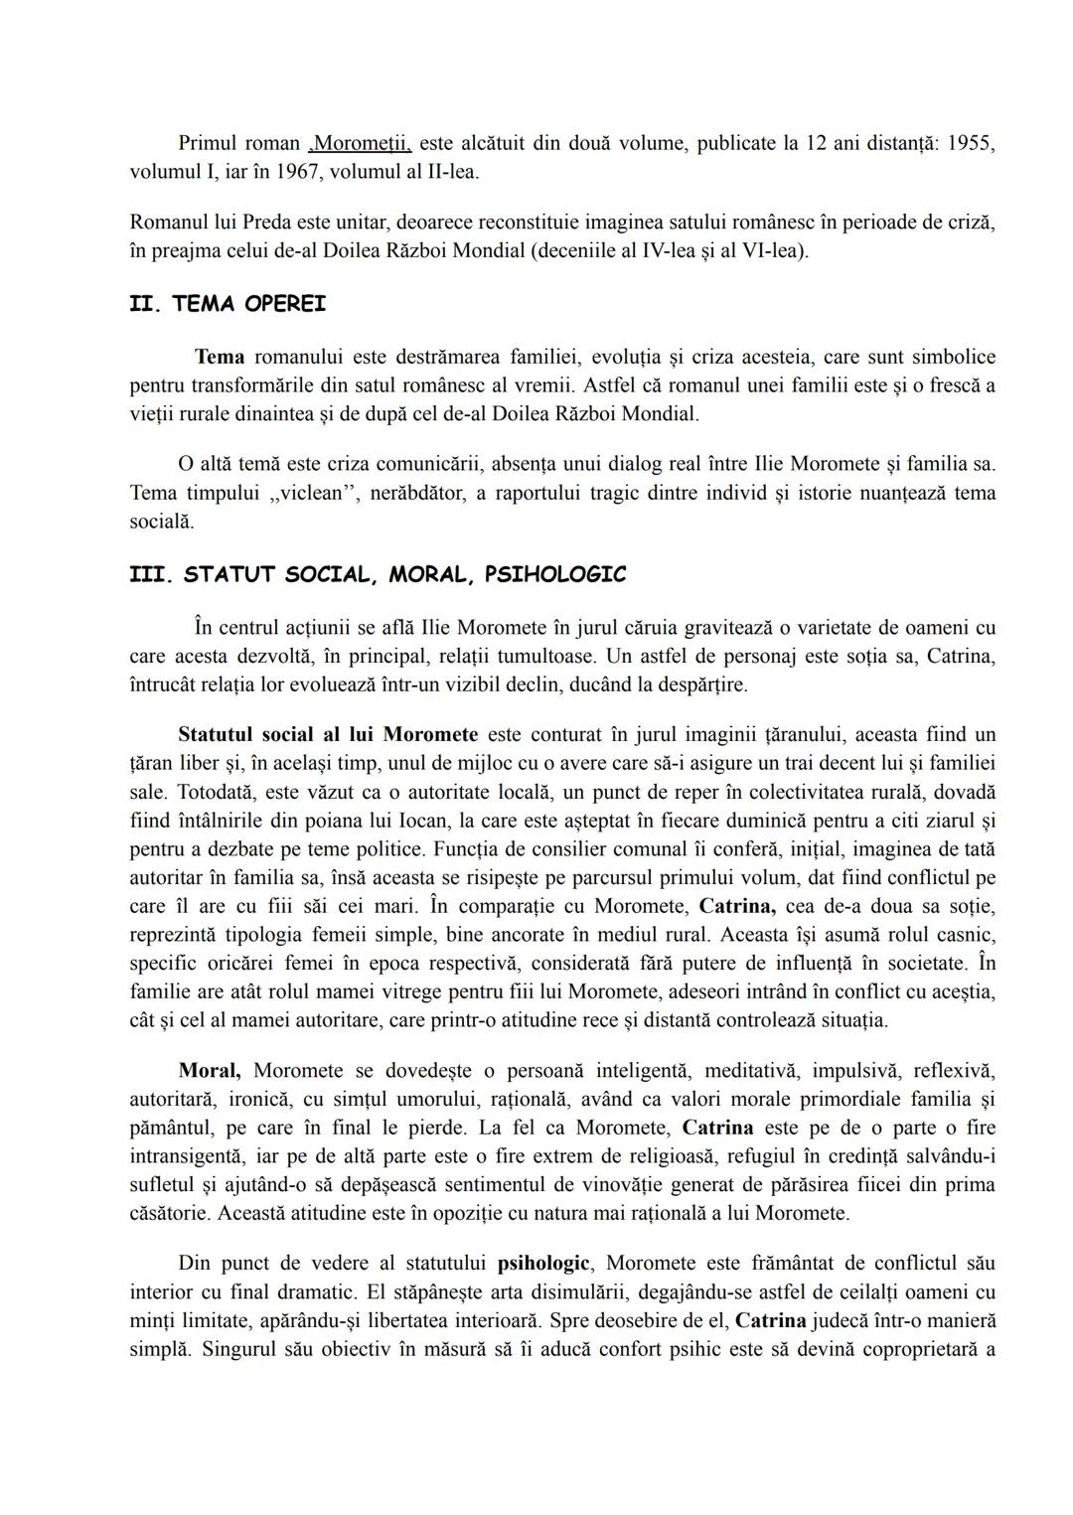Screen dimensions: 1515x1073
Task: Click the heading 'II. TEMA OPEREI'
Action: click(x=228, y=305)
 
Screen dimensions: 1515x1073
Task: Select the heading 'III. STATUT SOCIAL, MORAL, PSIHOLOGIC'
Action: click(x=378, y=575)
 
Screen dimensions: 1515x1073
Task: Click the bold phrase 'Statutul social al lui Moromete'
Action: click(x=328, y=735)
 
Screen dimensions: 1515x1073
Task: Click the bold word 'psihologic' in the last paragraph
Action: click(x=543, y=1264)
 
